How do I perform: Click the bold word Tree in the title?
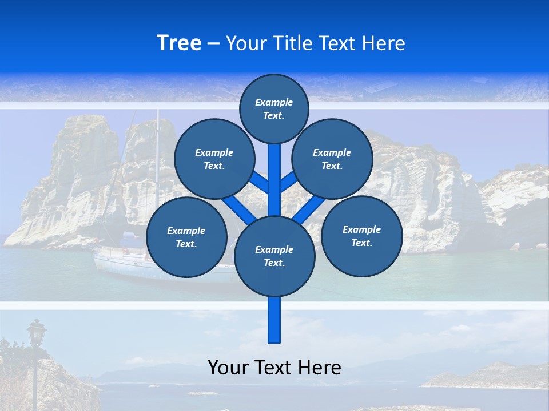coord(179,43)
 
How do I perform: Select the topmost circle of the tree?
coord(274,108)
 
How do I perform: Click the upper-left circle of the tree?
coord(214,159)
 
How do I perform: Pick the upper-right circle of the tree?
coord(332,159)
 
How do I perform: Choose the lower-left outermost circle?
coord(186,237)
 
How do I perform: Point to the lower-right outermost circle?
coord(362,236)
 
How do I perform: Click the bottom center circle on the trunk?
coord(274,256)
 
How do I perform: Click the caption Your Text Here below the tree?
coord(274,367)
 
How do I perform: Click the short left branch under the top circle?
coord(260,182)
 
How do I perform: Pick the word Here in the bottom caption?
coord(320,367)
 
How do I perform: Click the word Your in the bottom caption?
coord(228,367)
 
